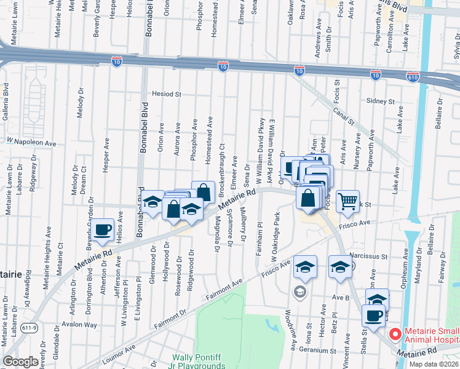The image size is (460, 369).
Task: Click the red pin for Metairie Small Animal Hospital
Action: (394, 335)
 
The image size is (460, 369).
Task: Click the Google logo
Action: (20, 362)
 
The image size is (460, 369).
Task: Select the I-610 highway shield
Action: (413, 76)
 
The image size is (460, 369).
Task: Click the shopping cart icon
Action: (348, 201)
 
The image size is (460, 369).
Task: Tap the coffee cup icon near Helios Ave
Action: (103, 229)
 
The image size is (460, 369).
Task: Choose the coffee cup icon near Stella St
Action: (373, 315)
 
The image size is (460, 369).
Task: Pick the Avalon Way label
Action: (82, 325)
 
